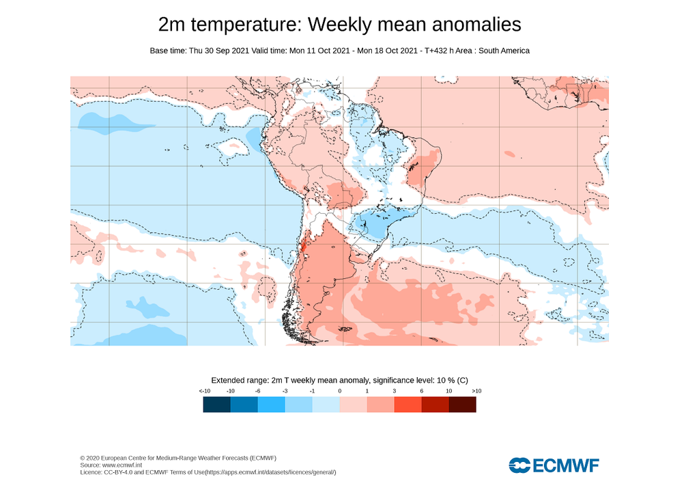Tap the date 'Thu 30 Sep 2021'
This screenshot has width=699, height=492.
coord(215,51)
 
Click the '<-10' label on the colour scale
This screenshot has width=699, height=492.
coord(204,390)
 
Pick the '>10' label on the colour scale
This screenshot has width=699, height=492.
coord(476,390)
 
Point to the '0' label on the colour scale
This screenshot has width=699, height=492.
coord(339,390)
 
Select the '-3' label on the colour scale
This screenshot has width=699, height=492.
coord(285,390)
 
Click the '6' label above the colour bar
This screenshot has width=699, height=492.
coord(421,390)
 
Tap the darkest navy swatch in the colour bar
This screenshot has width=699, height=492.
coord(216,405)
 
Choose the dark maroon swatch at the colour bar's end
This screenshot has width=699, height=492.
coord(462,405)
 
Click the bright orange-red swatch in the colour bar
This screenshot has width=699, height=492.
coord(408,405)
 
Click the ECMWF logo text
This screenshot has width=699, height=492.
coord(565,466)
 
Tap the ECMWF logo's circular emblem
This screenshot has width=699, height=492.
coord(519,466)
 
